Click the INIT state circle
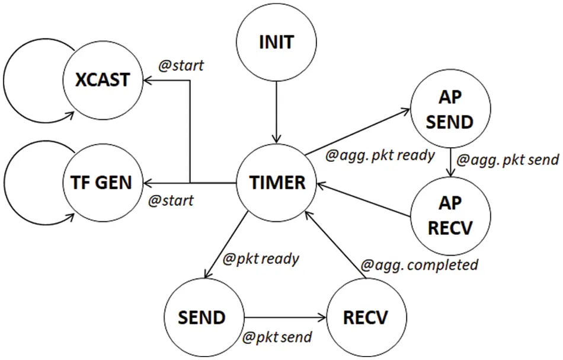click(277, 43)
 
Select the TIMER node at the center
click(277, 182)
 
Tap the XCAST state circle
click(103, 79)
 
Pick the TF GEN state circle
click(103, 181)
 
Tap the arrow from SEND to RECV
click(284, 317)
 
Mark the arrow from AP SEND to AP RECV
click(452, 163)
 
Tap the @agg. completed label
click(420, 265)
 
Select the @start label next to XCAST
click(181, 65)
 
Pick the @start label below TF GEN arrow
click(171, 200)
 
